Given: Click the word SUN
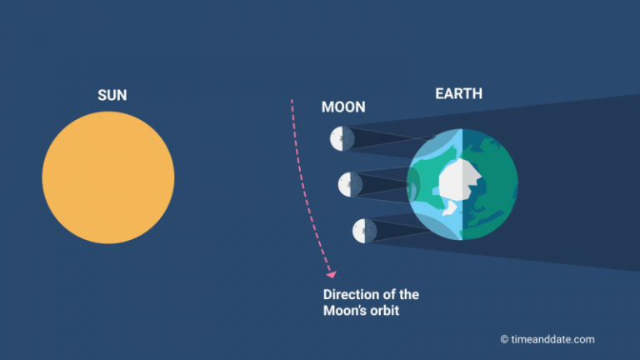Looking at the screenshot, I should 112,96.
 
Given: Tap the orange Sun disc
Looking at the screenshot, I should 108,177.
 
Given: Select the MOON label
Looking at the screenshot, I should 343,107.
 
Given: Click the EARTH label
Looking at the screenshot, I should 458,94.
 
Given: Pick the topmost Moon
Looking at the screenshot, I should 342,138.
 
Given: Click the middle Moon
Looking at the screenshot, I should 350,184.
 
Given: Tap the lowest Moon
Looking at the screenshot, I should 364,231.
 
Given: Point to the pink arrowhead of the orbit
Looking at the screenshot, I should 332,272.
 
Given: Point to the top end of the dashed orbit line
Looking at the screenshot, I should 292,100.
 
